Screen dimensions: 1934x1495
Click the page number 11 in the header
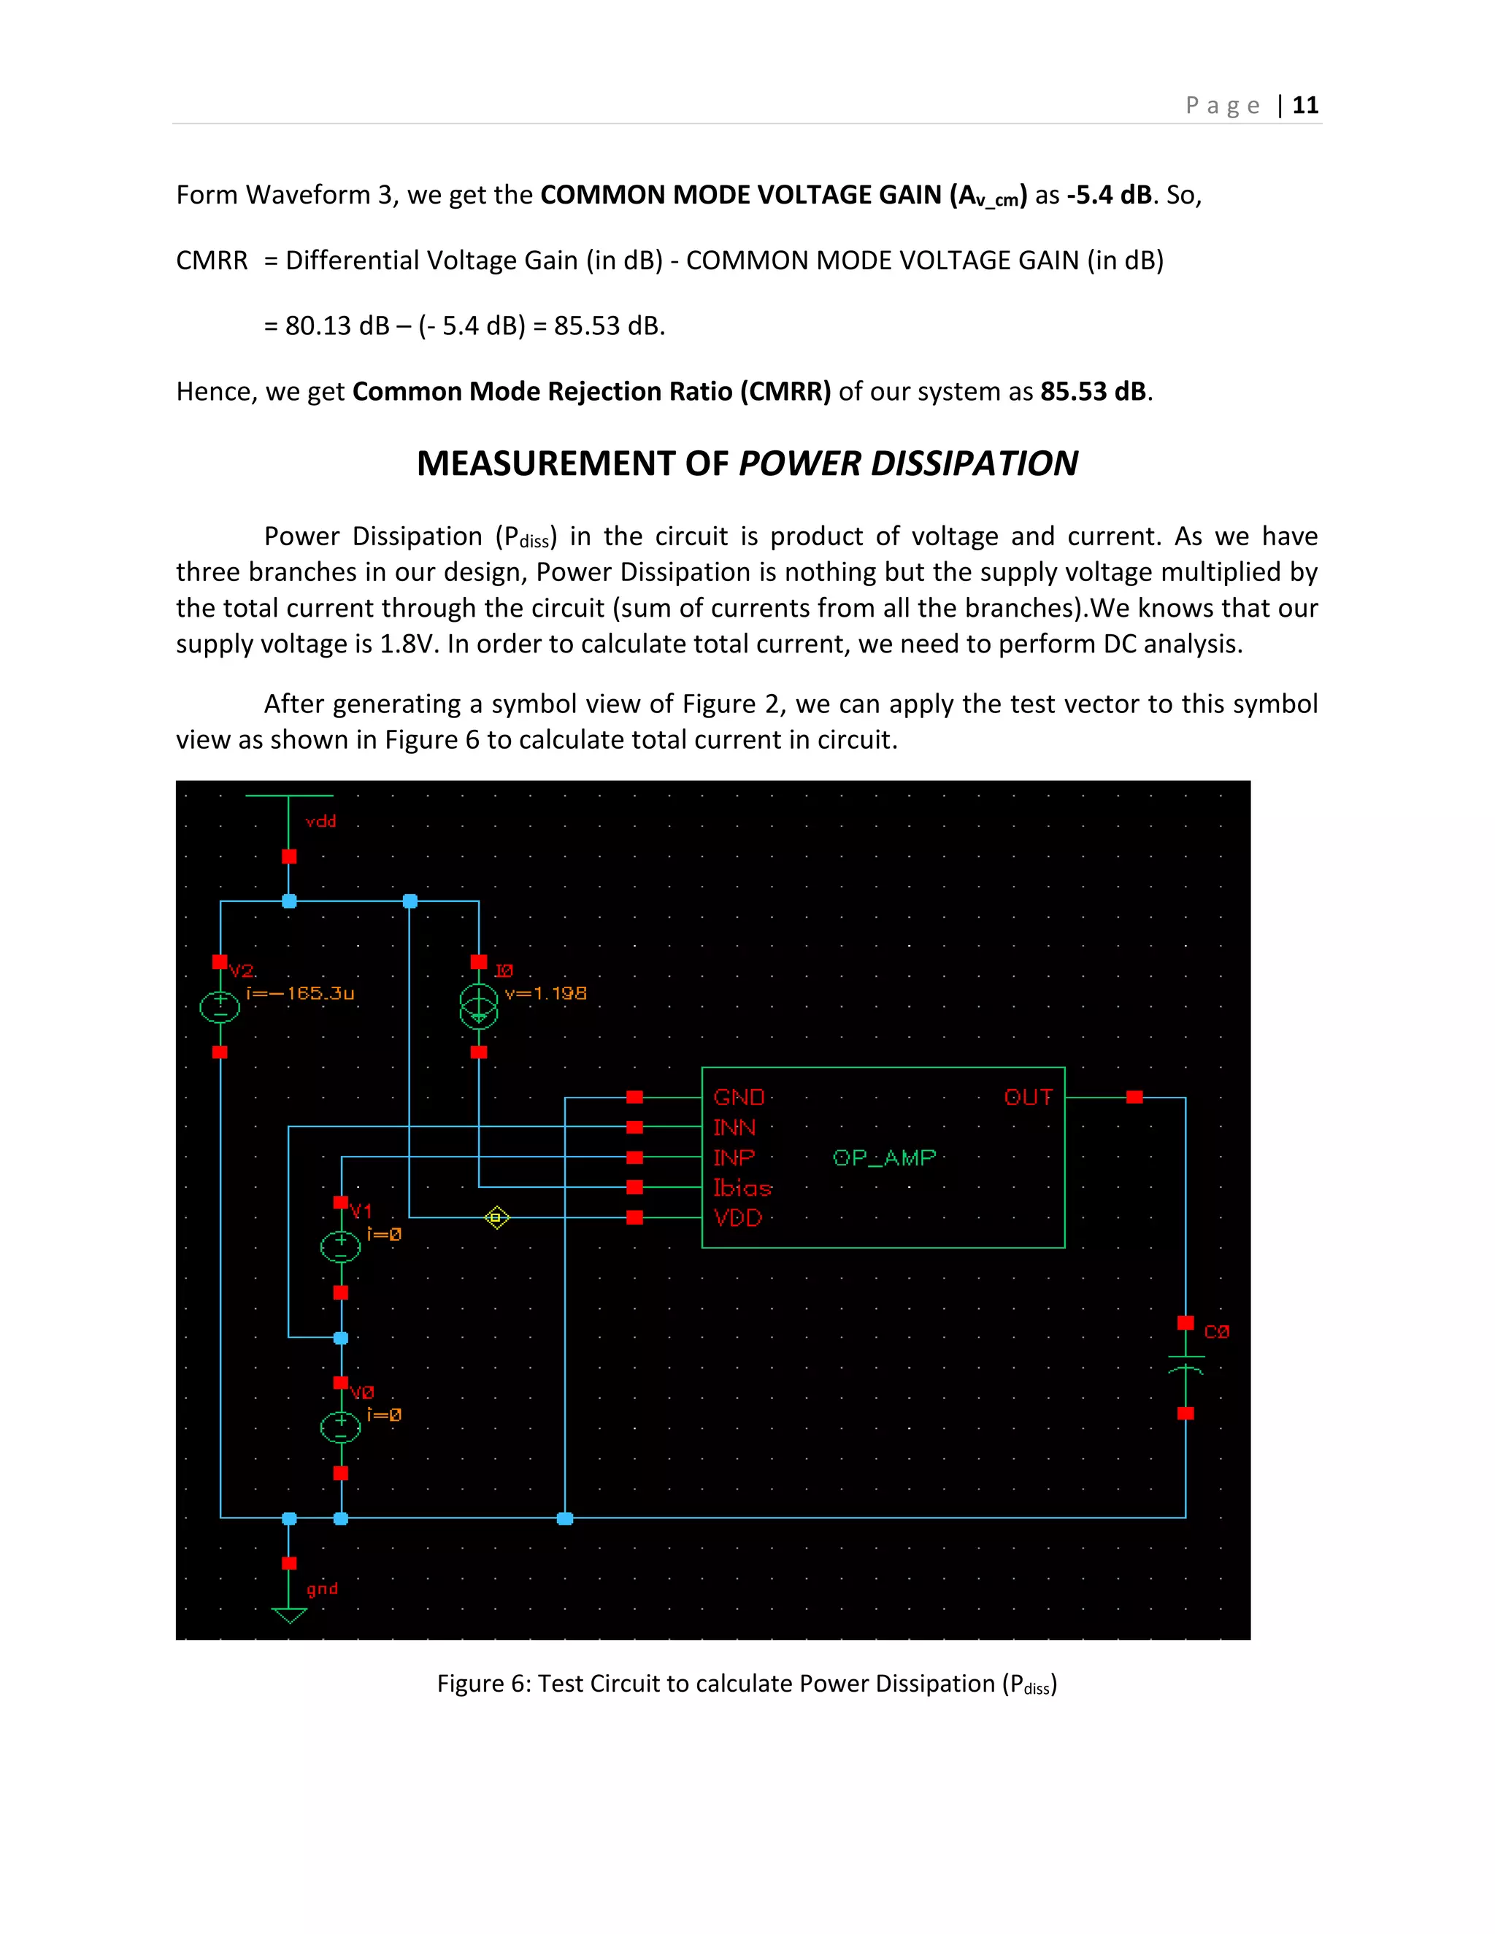(x=1304, y=105)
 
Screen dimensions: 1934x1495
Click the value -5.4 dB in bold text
(x=1108, y=195)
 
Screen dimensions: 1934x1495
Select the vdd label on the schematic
(x=320, y=822)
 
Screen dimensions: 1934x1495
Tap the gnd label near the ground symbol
(x=323, y=1589)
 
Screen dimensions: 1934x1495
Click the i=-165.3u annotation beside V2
(x=300, y=993)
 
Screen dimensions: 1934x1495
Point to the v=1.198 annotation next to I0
(x=545, y=993)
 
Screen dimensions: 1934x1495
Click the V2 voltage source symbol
(x=220, y=1008)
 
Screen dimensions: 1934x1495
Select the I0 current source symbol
(x=479, y=1008)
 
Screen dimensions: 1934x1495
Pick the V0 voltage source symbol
(x=340, y=1428)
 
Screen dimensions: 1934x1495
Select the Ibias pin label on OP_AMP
(x=742, y=1188)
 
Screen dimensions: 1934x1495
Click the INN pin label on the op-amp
(x=734, y=1128)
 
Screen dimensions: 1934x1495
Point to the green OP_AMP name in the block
(x=884, y=1158)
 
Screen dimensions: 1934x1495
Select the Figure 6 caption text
(x=747, y=1684)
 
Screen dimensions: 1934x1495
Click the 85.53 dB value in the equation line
(x=607, y=326)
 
